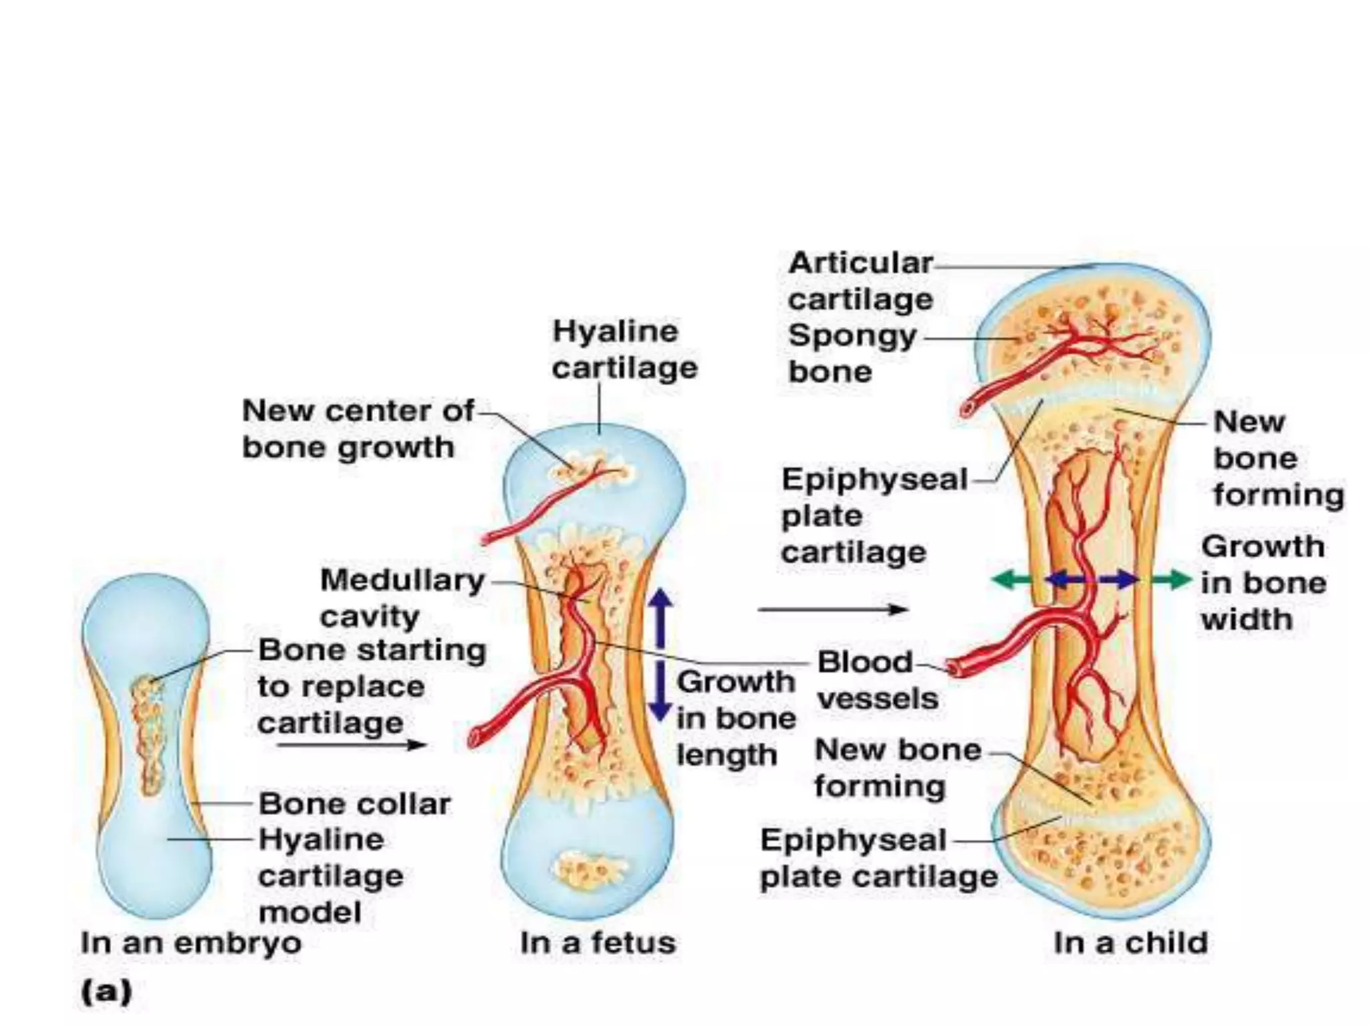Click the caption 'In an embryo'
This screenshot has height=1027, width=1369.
pos(191,943)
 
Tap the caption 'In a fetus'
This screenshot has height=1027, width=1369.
pos(598,943)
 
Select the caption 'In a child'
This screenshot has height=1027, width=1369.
pos(1130,943)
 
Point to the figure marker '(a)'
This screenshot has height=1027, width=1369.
pos(106,991)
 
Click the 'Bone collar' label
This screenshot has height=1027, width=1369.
pos(354,804)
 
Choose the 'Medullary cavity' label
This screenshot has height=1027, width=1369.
pos(402,597)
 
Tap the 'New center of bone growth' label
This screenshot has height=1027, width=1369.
pos(358,429)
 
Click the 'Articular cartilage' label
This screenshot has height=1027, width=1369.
pos(860,281)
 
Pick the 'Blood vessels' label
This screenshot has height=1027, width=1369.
pos(878,680)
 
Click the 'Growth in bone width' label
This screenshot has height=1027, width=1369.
pos(1263,582)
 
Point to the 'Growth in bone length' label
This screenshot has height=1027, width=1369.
pos(735,718)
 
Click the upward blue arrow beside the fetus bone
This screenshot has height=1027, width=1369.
pos(660,616)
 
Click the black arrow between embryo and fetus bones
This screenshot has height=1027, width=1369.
pos(352,744)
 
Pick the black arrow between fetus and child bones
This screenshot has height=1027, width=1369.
pos(833,609)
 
